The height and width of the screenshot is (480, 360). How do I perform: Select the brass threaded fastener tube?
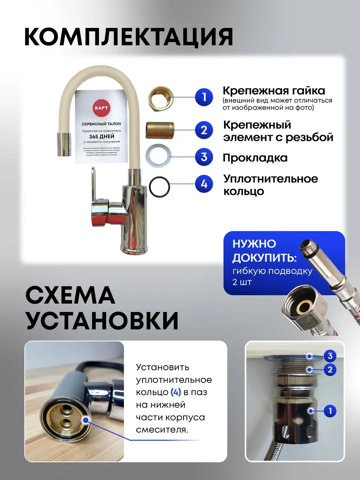pos(159,129)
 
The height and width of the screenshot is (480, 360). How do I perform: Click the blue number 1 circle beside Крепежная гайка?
pos(204,98)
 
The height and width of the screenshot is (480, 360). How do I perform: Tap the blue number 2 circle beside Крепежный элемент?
pos(204,129)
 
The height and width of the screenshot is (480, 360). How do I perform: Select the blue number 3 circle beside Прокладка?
pos(204,157)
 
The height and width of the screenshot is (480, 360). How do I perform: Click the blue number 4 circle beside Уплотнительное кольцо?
pos(204,184)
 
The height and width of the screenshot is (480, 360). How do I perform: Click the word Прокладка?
pos(255,158)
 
